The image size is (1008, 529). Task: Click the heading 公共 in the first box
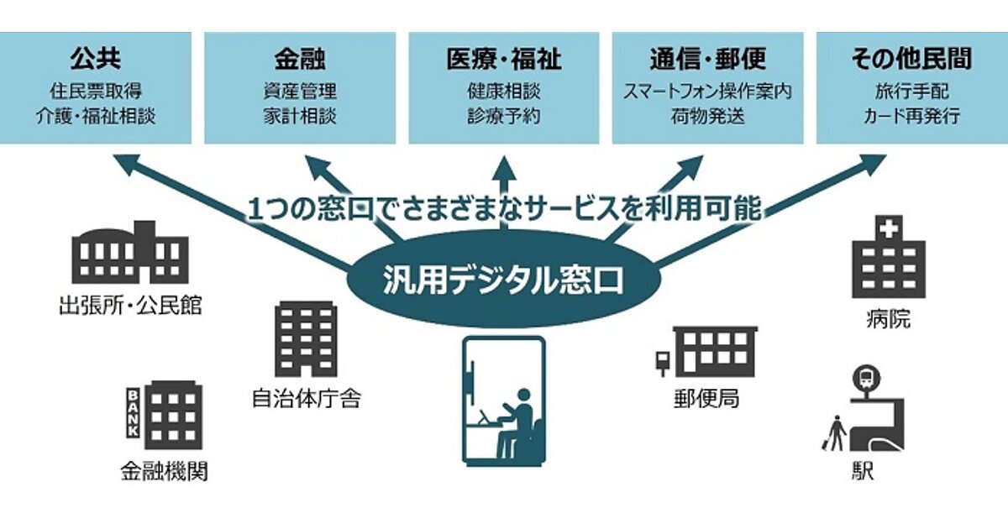[96, 59]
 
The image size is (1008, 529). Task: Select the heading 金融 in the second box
[300, 59]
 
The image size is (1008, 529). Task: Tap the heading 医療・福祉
[503, 59]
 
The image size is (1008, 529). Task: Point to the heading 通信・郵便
[707, 59]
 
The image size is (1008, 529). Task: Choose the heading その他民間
[911, 59]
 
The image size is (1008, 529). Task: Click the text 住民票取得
[96, 92]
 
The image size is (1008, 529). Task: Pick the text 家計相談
[300, 116]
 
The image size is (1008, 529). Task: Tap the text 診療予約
[503, 116]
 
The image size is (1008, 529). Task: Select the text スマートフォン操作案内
[707, 92]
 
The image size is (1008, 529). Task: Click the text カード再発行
[911, 116]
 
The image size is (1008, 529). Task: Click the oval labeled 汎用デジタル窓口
[503, 280]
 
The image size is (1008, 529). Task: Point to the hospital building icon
[889, 257]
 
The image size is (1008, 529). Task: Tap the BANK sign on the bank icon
[133, 413]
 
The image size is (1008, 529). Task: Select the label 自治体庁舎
[306, 399]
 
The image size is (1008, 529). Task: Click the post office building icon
[706, 352]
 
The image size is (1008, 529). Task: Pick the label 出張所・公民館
[130, 305]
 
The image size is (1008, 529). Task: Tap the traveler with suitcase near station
[834, 433]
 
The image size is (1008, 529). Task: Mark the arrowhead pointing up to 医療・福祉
[504, 167]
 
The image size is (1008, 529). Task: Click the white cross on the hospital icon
[889, 230]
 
